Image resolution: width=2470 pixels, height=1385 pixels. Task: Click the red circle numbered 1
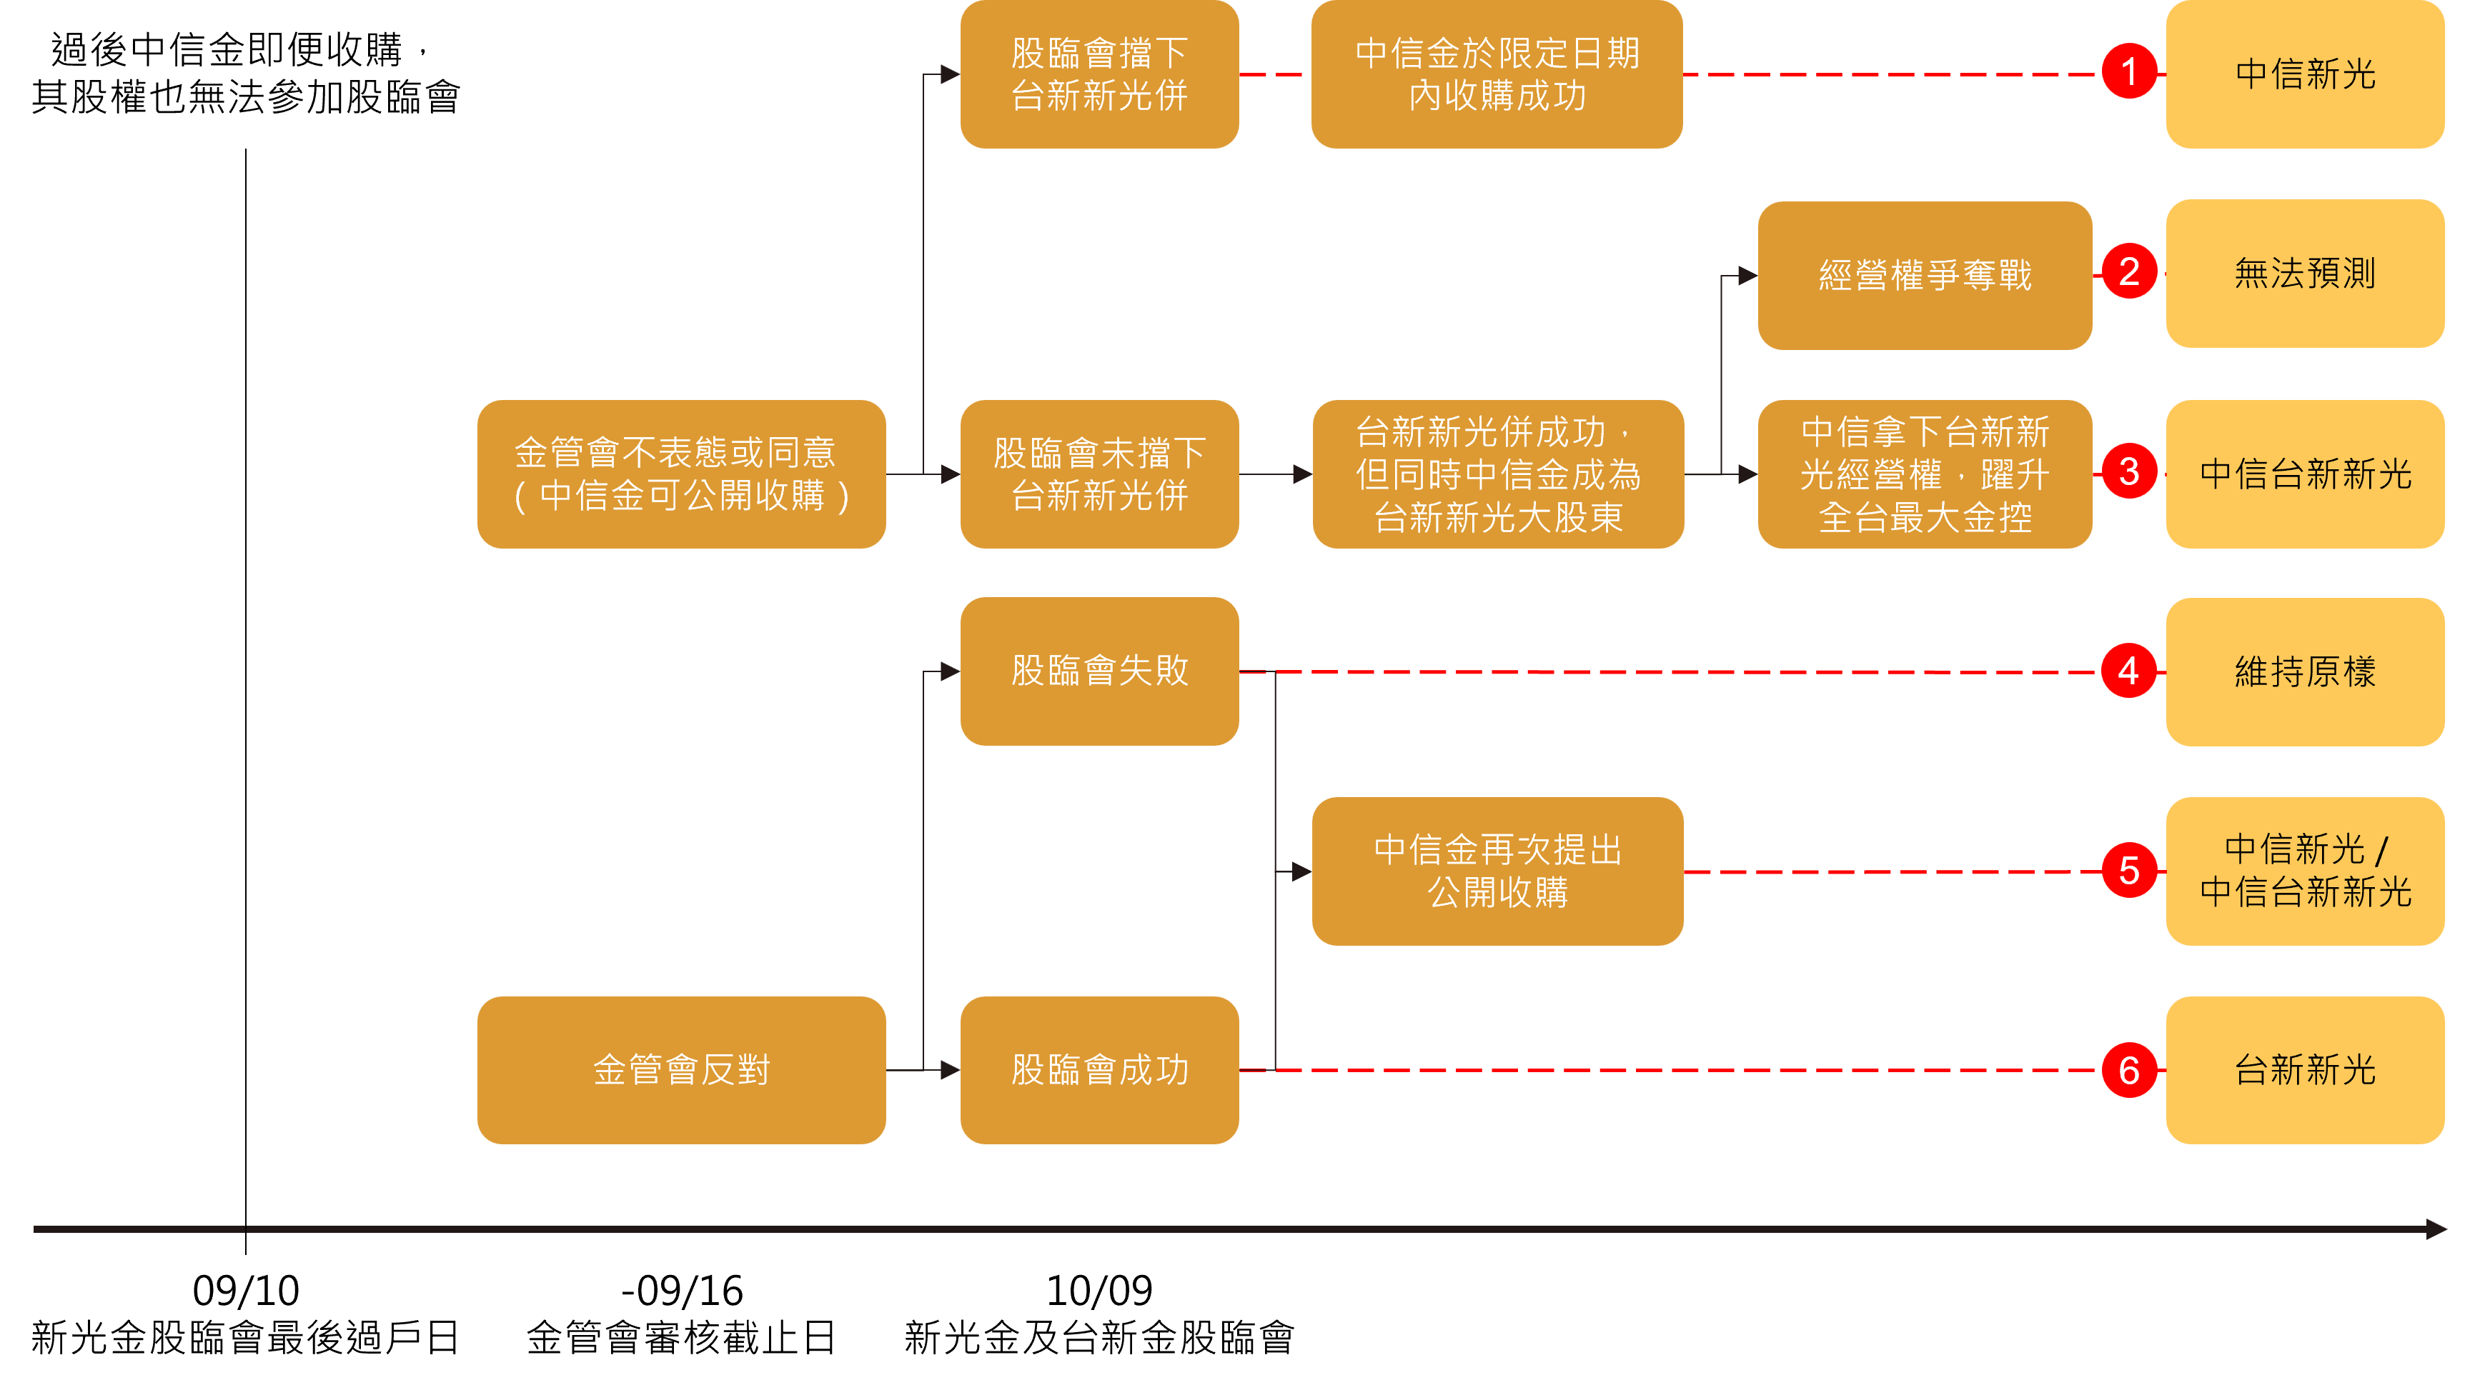tap(2128, 72)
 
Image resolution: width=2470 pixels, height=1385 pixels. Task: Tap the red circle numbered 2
tap(2128, 272)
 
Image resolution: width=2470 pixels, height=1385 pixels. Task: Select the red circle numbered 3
tap(2128, 471)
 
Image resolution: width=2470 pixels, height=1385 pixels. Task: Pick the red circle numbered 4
tap(2128, 671)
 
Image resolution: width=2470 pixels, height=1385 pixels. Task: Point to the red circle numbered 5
tap(2128, 870)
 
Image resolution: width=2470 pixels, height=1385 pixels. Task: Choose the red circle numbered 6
tap(2128, 1070)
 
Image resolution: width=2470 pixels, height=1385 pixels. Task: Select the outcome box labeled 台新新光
tap(2305, 1070)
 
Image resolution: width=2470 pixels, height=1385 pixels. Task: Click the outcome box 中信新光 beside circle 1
tap(2305, 74)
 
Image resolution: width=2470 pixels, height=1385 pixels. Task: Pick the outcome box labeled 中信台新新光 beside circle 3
tap(2305, 474)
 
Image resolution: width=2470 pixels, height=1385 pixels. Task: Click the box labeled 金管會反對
tap(681, 1070)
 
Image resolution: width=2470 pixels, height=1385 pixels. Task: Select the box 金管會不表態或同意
tap(681, 474)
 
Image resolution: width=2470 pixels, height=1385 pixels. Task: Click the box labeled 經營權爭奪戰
tap(1925, 275)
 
